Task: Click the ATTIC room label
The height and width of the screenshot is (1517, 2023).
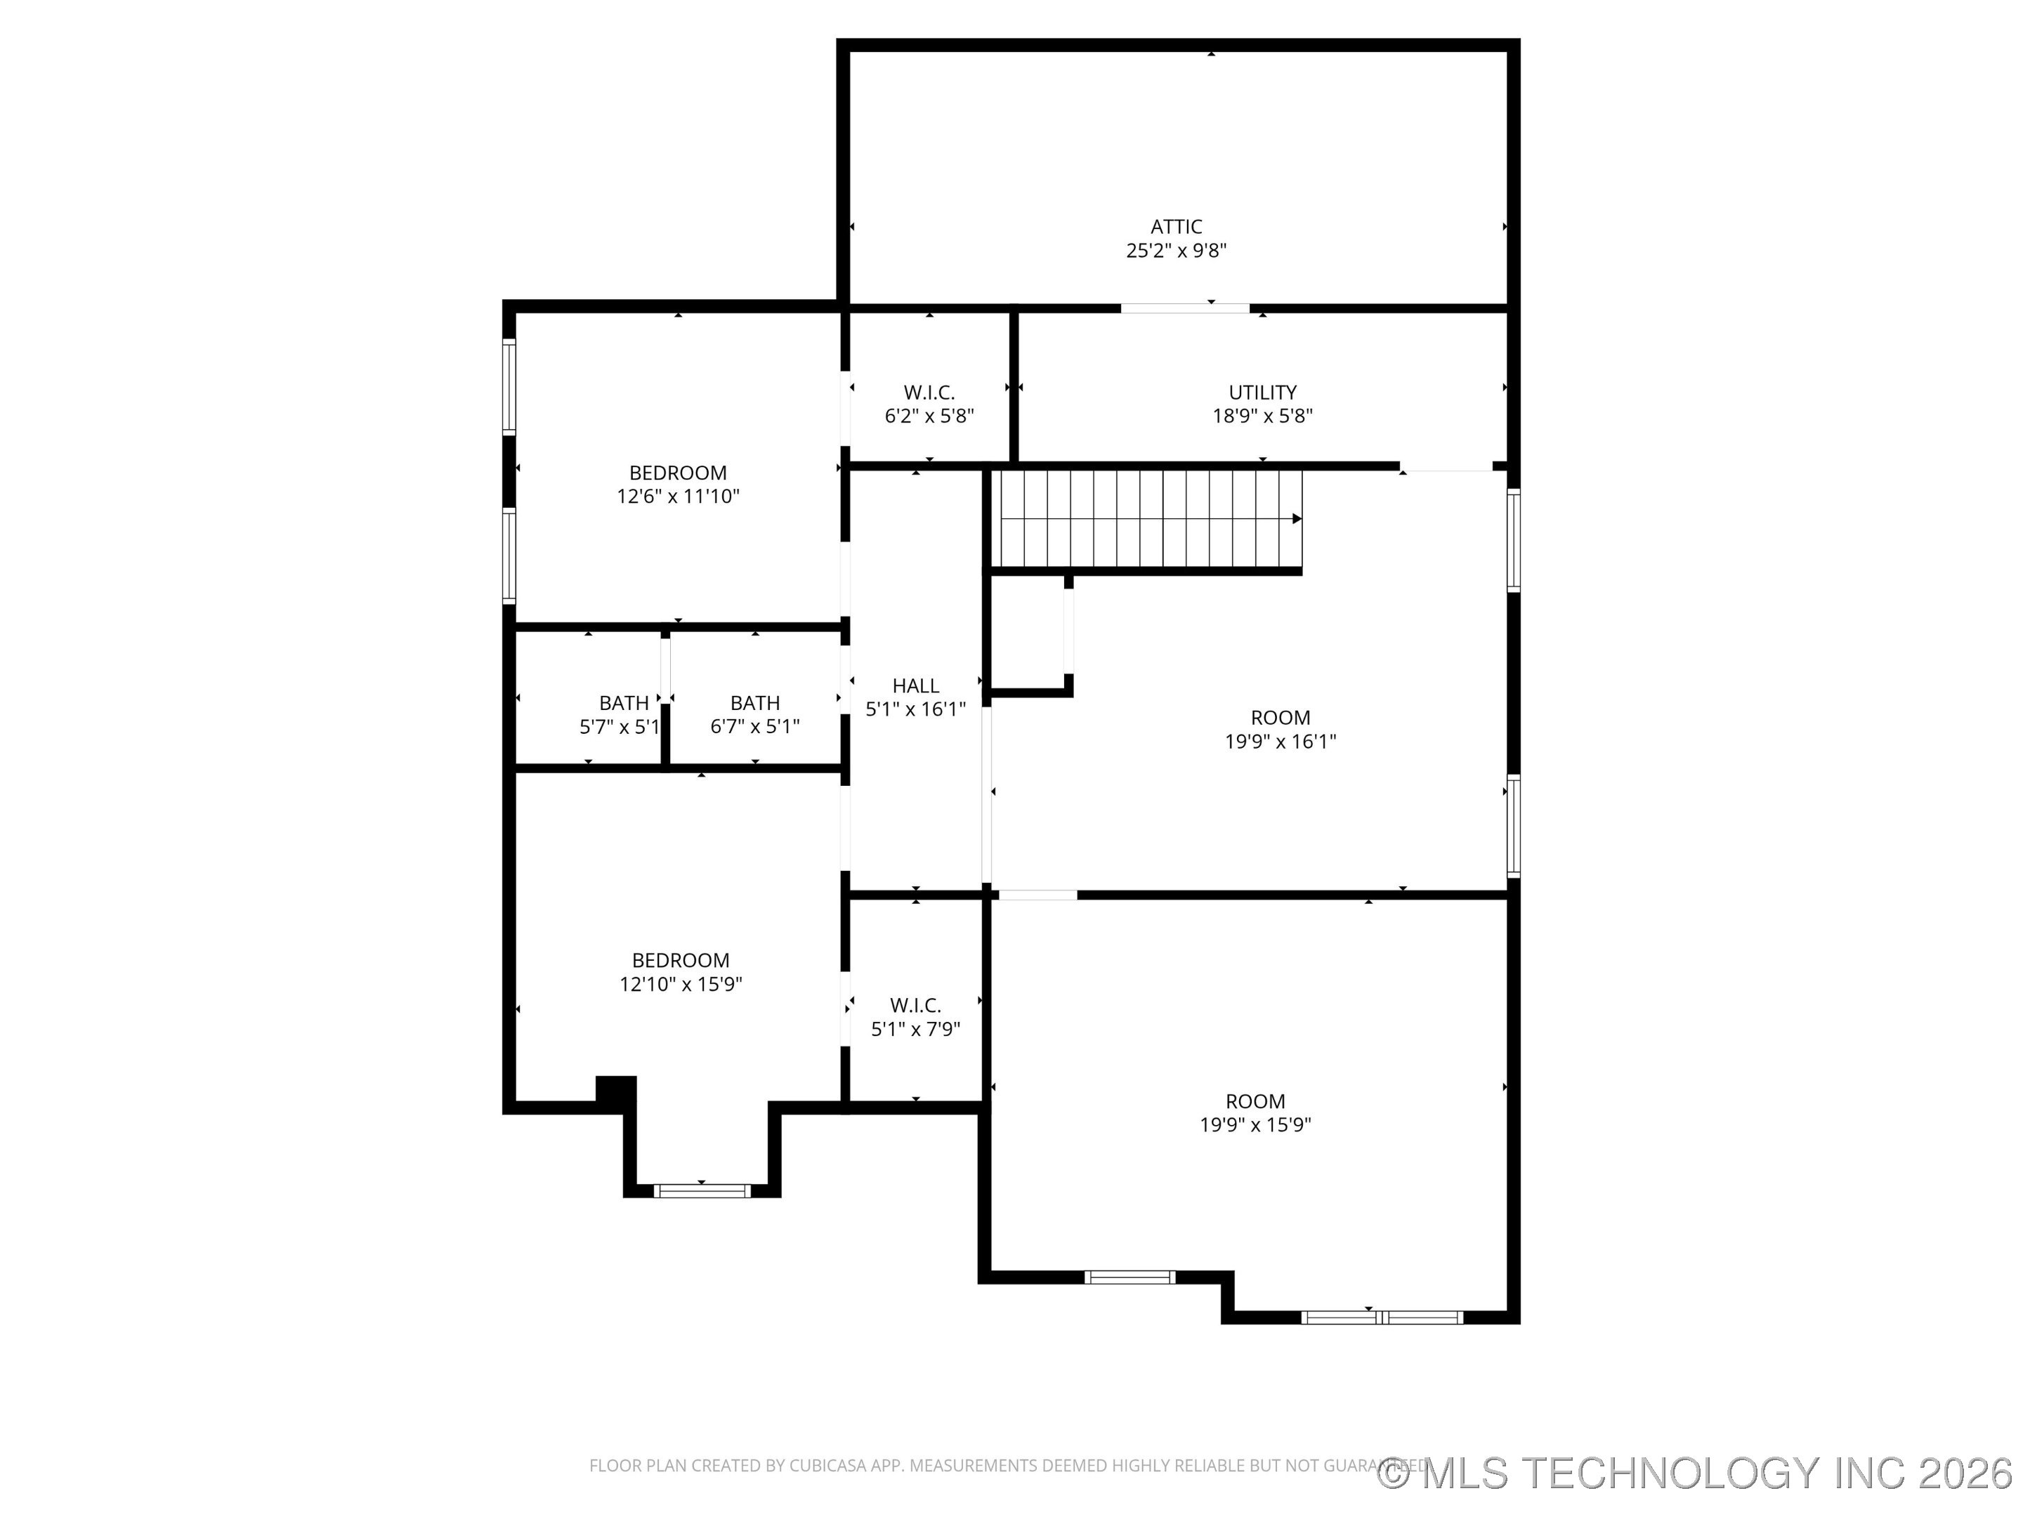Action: pos(1176,227)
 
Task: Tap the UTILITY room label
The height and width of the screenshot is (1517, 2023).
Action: pos(1262,393)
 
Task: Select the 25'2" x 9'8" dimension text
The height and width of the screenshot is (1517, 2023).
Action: pos(1176,251)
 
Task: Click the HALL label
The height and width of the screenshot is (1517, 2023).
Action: pos(915,685)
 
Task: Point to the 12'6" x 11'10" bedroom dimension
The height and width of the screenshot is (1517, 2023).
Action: pos(678,497)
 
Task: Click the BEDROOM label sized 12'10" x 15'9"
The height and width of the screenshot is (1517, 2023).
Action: pos(681,960)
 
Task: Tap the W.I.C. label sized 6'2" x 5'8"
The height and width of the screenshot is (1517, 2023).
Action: pos(929,393)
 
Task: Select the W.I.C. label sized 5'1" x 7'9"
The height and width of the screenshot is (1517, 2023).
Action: pos(915,1006)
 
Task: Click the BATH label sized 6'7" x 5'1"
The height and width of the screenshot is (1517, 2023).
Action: pos(754,703)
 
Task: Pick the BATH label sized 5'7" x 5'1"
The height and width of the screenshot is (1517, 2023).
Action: pos(624,703)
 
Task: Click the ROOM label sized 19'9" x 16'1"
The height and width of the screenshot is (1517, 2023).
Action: pos(1281,718)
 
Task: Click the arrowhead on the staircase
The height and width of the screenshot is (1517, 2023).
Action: pos(1297,518)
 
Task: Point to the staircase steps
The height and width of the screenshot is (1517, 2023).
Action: pos(1143,518)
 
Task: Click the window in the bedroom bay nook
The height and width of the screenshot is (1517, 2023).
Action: pos(702,1190)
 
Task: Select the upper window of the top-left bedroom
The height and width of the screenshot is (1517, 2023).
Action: pos(509,385)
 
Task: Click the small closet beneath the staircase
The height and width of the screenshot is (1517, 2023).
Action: pos(1028,633)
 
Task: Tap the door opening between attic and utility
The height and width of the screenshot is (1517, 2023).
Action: pos(1185,308)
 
